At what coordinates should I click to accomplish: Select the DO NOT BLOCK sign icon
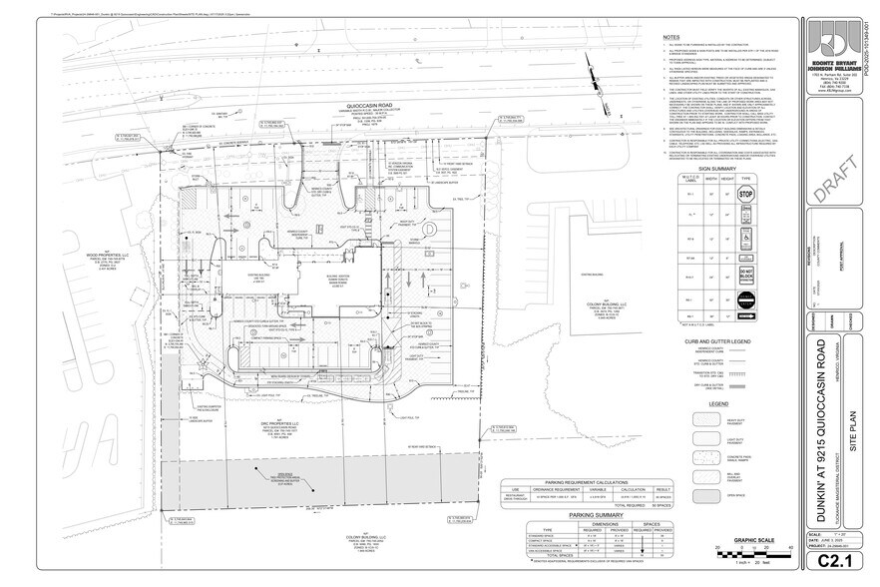(745, 274)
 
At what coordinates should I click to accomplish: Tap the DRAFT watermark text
(840, 189)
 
